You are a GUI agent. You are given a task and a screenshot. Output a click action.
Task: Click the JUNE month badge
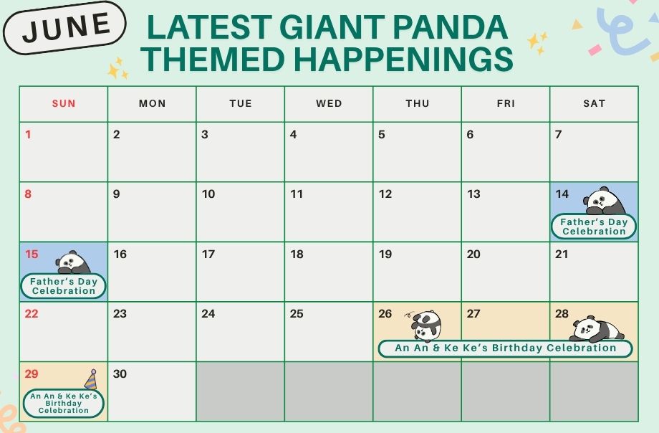click(64, 28)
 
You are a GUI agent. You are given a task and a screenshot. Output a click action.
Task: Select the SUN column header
click(64, 103)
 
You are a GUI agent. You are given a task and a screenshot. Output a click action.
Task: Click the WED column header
click(329, 103)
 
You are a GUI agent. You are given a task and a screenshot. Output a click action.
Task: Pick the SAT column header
click(595, 103)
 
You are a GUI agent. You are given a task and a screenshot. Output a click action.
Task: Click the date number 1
click(28, 135)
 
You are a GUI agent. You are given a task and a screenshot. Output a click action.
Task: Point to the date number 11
click(297, 194)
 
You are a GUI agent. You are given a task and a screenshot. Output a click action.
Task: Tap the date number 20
click(473, 254)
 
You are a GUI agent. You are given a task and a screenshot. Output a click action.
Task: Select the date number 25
click(297, 313)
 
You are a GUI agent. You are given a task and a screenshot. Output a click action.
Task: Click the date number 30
click(120, 373)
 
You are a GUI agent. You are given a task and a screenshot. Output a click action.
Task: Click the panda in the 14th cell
click(605, 201)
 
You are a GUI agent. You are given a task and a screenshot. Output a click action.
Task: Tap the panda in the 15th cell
click(73, 262)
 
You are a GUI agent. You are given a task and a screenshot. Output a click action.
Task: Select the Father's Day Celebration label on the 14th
click(594, 227)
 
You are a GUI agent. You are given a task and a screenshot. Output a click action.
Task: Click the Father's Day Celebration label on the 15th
click(64, 286)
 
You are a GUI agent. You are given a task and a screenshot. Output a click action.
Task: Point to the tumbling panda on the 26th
click(425, 325)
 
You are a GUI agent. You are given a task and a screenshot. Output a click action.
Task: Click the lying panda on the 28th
click(597, 329)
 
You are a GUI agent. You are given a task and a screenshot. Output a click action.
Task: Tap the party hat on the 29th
click(91, 379)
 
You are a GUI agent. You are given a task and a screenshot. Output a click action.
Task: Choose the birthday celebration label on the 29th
click(64, 403)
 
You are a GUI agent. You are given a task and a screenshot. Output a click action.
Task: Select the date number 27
click(473, 313)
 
